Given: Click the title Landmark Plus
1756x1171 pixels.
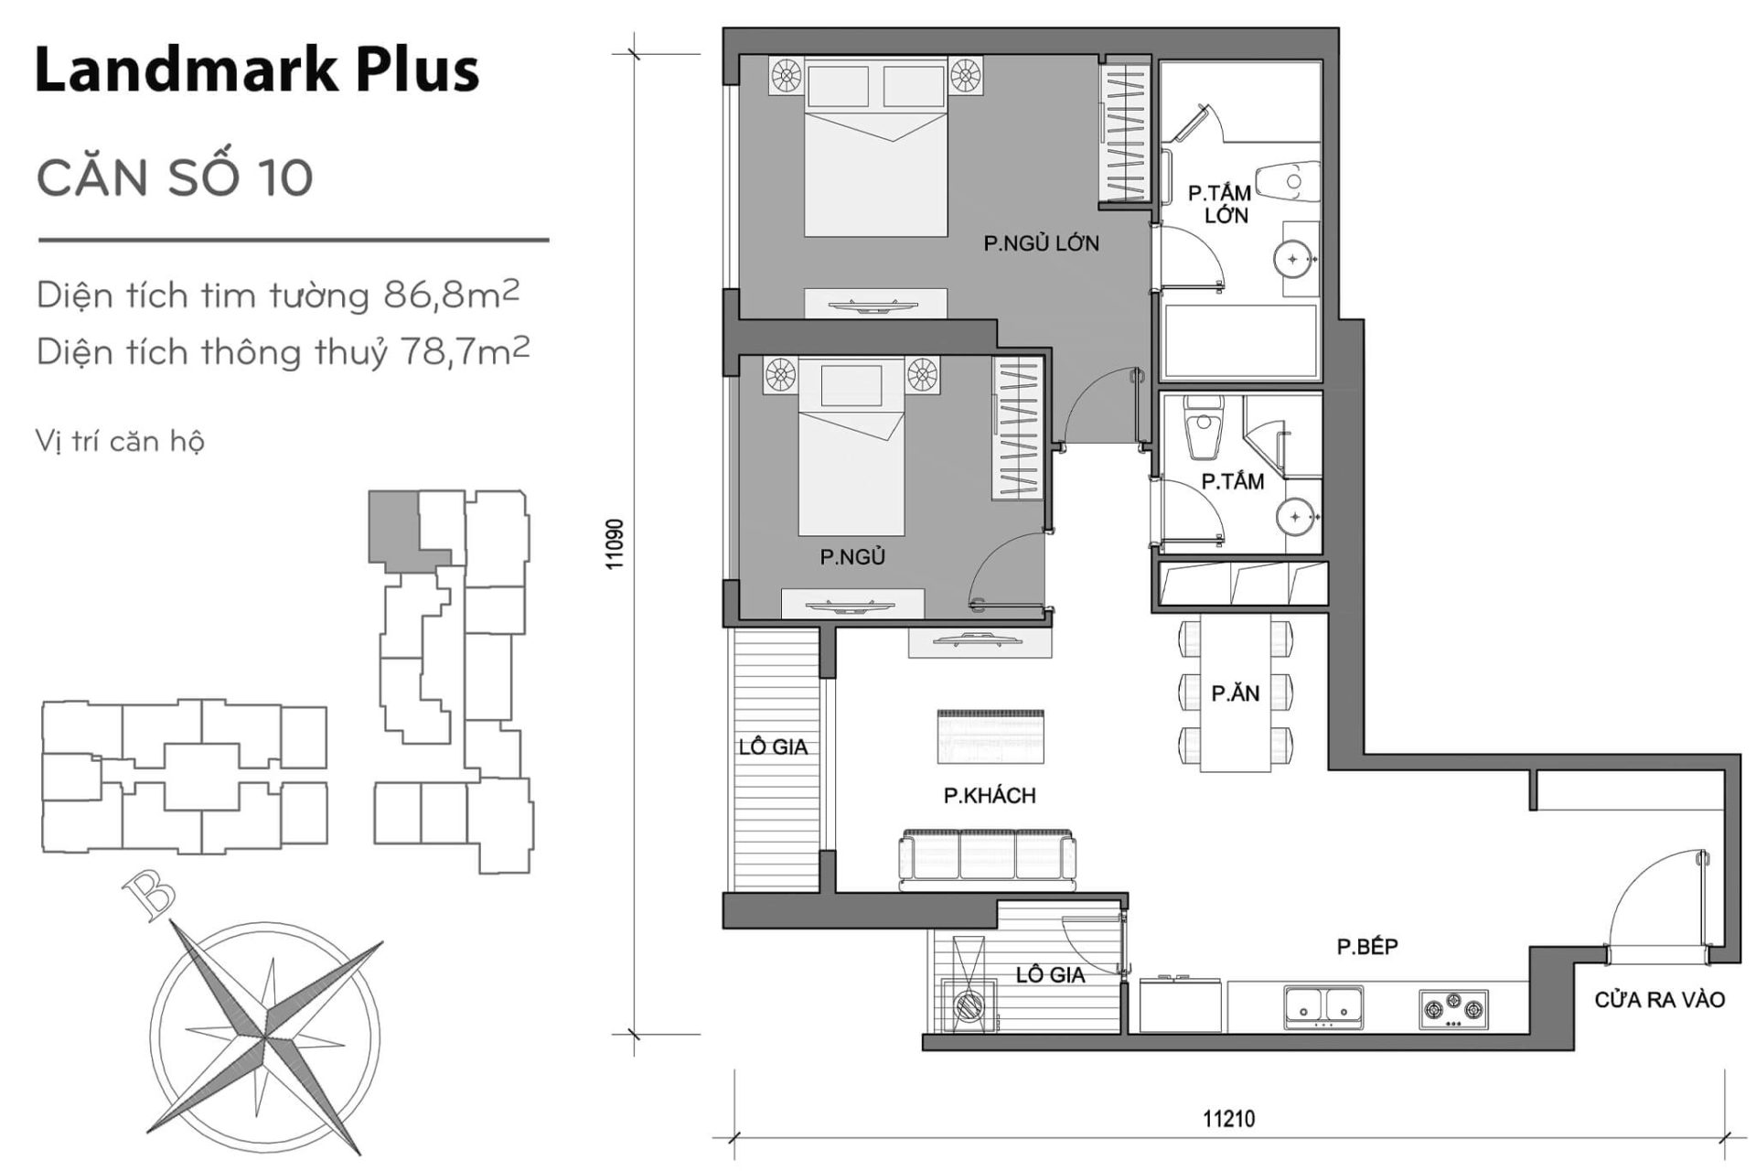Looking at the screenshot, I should tap(256, 70).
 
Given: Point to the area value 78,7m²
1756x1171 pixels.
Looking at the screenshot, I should tap(465, 351).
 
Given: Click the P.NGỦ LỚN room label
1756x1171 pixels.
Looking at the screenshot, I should tap(1041, 243).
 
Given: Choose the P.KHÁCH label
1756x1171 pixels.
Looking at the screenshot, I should tap(990, 795).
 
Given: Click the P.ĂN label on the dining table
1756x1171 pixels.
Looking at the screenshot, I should tap(1235, 693).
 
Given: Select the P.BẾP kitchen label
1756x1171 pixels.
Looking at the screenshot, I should tap(1367, 947).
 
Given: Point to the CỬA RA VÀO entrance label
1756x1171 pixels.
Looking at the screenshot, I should tap(1659, 1000).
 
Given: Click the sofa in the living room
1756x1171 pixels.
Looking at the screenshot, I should tap(988, 858).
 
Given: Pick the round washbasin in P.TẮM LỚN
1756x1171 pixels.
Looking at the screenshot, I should tap(1292, 259).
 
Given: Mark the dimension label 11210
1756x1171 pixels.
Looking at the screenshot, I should tap(1228, 1118).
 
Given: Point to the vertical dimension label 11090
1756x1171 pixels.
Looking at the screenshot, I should tap(615, 544).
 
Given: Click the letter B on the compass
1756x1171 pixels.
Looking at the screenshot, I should tap(149, 894).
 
